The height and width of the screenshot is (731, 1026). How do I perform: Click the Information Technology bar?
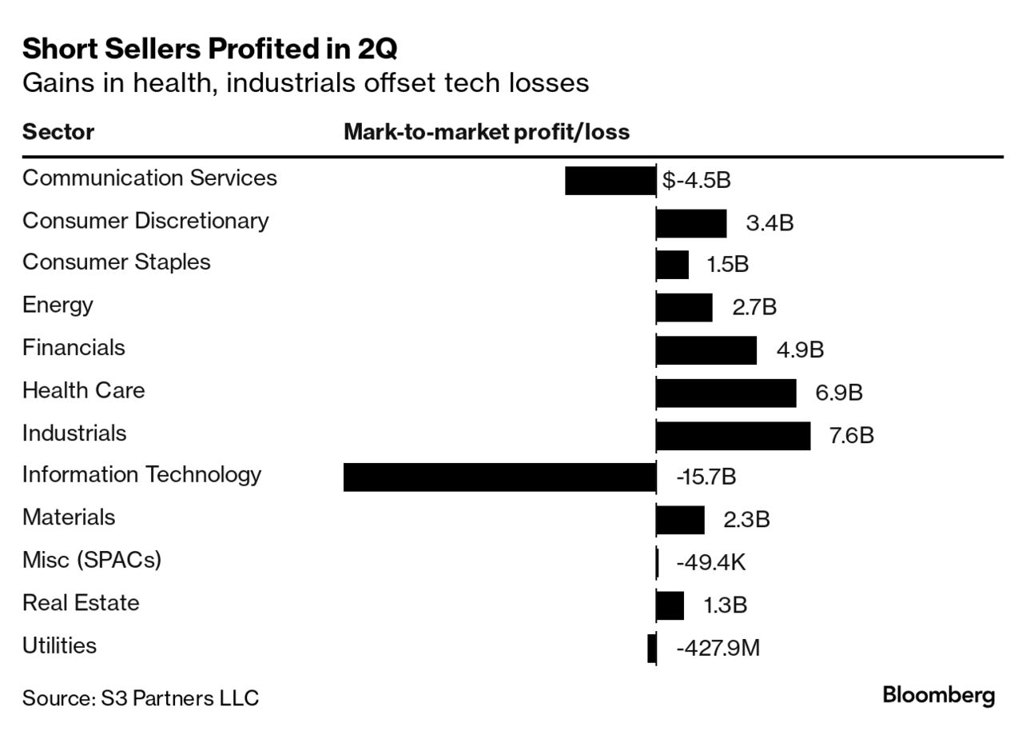[499, 477]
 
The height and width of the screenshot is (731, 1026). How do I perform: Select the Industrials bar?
[733, 436]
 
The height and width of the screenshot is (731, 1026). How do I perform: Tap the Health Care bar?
[726, 393]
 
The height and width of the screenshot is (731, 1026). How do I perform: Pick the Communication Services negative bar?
[610, 181]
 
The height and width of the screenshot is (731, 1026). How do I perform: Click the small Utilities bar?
[652, 648]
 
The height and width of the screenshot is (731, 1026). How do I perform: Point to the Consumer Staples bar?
[672, 265]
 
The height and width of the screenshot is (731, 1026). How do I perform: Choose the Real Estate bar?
[670, 605]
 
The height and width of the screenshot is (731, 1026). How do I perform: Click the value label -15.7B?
[706, 477]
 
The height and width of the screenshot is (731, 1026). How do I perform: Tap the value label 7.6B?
[851, 436]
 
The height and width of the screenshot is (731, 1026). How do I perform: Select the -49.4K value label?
[710, 563]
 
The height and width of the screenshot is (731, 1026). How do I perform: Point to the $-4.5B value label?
[696, 180]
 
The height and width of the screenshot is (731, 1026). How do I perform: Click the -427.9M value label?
[718, 648]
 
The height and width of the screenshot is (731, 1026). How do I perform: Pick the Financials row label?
[74, 348]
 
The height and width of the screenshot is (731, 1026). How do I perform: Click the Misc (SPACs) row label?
[92, 560]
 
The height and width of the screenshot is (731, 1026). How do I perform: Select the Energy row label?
[58, 305]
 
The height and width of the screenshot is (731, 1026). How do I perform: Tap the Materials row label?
[69, 517]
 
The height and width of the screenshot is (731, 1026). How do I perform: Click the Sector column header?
[58, 132]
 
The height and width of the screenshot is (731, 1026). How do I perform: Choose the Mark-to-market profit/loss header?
[487, 132]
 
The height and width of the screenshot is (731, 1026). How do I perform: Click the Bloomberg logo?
[938, 695]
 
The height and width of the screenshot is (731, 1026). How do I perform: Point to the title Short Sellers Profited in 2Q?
[210, 50]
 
